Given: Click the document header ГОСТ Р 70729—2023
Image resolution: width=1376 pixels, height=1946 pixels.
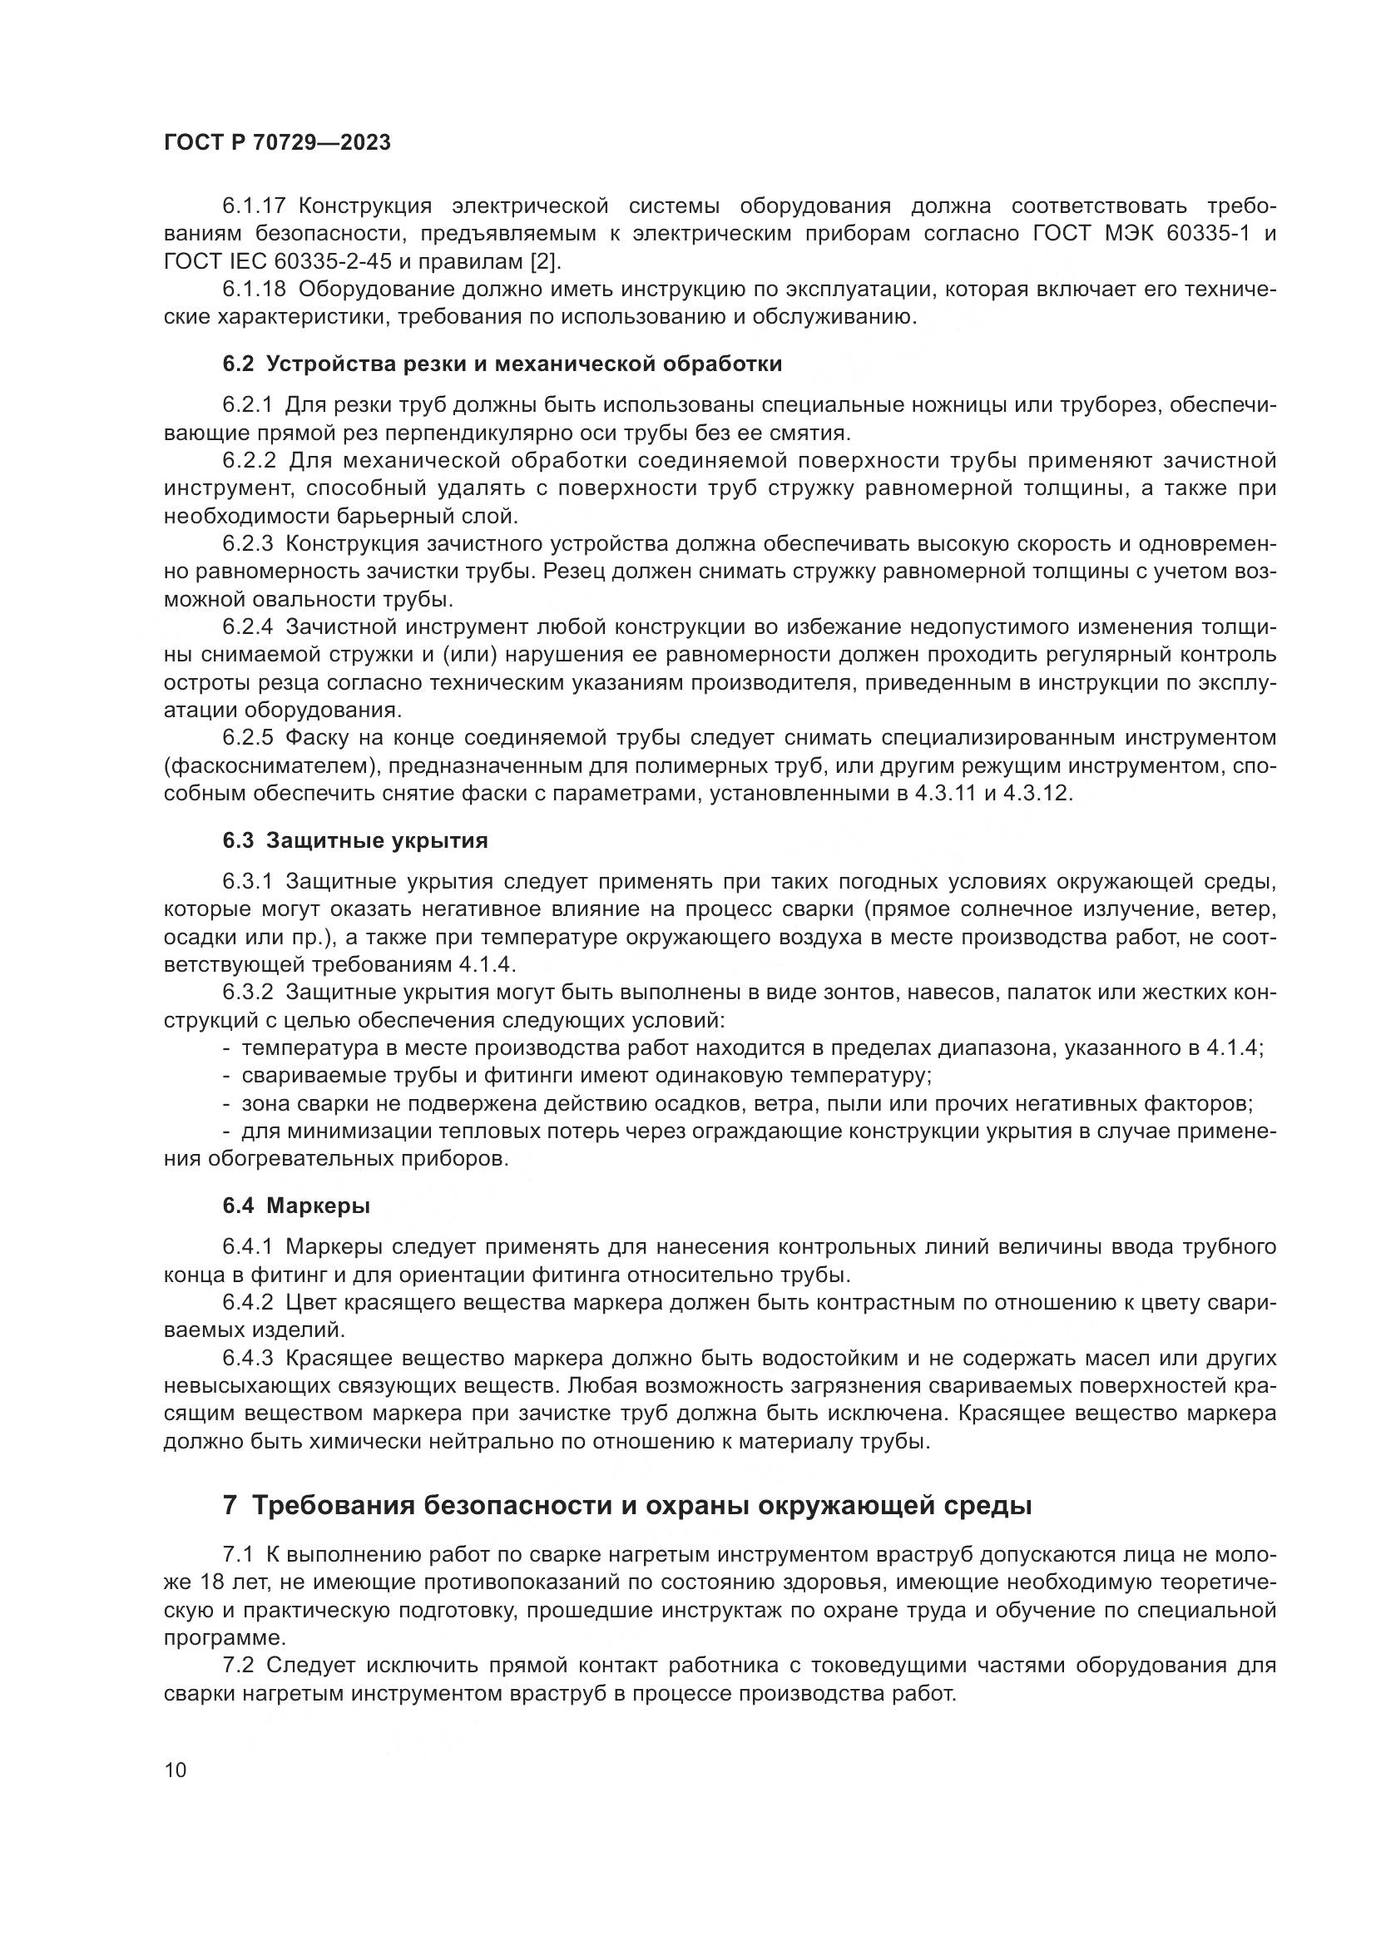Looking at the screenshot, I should [x=277, y=143].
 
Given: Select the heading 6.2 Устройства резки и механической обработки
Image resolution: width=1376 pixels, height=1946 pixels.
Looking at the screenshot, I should [x=502, y=364].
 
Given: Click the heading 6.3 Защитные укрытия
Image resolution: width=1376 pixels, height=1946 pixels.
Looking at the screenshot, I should [x=355, y=841].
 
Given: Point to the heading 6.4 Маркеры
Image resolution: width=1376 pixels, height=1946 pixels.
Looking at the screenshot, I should [x=295, y=1206].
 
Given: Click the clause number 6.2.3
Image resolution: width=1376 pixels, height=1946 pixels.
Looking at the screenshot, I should [x=248, y=543].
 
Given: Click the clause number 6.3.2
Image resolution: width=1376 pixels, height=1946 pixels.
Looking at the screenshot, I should [x=248, y=992].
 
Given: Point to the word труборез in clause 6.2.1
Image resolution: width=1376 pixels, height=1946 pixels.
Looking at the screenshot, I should [x=1109, y=405].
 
